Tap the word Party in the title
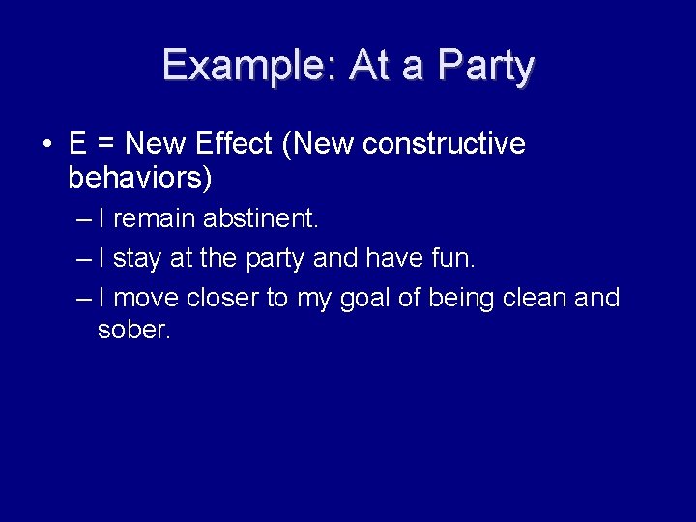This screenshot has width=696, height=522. click(x=485, y=67)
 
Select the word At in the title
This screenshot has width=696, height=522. click(x=367, y=66)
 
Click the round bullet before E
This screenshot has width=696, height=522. click(x=46, y=146)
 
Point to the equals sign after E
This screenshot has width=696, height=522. click(x=106, y=145)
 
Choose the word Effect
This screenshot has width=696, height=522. click(x=234, y=144)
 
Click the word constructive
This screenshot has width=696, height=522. click(x=445, y=144)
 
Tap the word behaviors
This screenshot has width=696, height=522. click(x=139, y=179)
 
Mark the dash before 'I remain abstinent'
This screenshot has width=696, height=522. click(x=85, y=219)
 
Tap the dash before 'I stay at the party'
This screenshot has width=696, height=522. click(x=85, y=258)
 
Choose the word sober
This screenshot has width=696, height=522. click(x=133, y=331)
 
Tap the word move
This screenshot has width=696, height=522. click(x=146, y=298)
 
